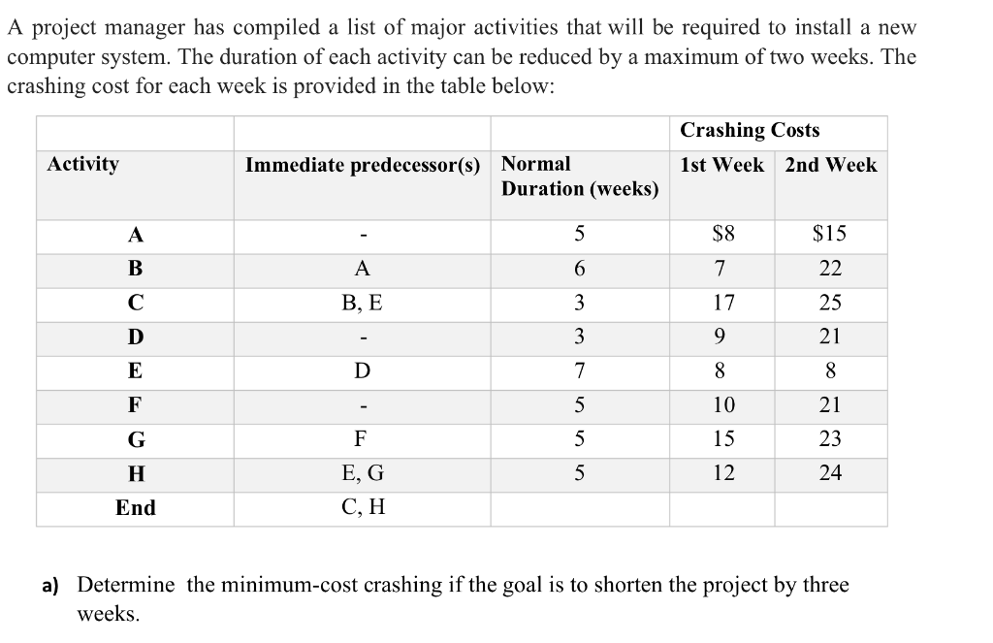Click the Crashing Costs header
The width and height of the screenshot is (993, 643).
[x=750, y=130]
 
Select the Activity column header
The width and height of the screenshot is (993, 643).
[x=83, y=164]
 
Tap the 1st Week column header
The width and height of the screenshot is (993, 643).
[x=721, y=165]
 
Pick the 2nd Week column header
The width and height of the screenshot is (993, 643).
[x=830, y=165]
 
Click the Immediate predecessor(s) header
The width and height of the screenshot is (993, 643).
[x=363, y=165]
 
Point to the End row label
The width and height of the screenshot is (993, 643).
[x=135, y=508]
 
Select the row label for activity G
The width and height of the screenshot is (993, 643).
[x=136, y=439]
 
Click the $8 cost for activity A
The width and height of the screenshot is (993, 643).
[x=723, y=234]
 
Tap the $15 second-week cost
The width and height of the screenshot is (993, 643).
[x=829, y=234]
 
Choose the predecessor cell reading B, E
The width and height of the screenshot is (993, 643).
[x=362, y=303]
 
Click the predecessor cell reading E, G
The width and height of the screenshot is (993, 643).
[x=362, y=473]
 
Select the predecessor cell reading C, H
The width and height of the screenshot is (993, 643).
[x=362, y=508]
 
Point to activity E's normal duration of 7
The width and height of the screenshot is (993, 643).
[x=579, y=371]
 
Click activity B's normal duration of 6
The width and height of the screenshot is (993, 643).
[x=579, y=269]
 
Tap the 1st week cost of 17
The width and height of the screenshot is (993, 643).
[x=723, y=303]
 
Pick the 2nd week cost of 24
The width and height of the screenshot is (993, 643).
[x=830, y=473]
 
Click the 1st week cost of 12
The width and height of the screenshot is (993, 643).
[x=723, y=473]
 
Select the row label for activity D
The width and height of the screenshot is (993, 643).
[x=136, y=338]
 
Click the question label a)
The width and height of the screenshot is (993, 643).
[x=49, y=586]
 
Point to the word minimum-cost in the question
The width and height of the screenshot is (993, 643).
[x=281, y=585]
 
